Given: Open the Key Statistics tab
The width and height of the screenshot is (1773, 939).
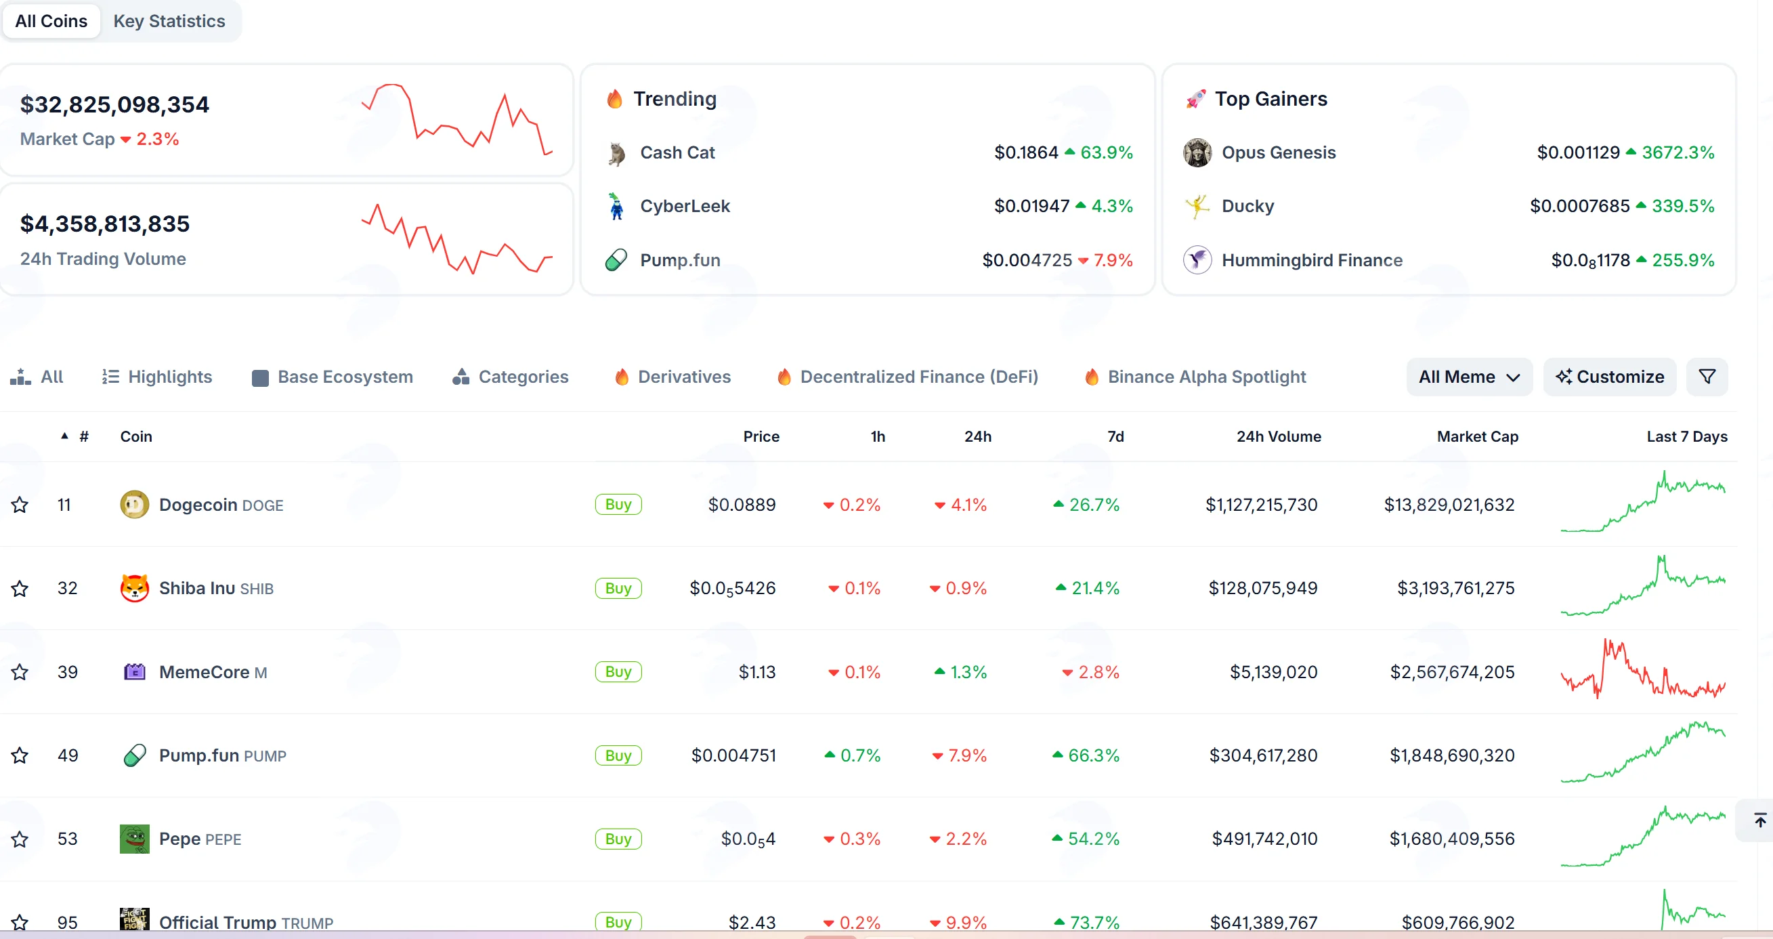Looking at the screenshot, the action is point(169,22).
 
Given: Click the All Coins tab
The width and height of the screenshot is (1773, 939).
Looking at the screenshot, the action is point(51,22).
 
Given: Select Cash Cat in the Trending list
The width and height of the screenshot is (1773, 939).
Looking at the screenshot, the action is point(677,152).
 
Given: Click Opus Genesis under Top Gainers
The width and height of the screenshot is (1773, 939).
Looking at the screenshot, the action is point(1278,152).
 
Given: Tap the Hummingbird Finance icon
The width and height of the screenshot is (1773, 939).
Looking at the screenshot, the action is point(1197,259).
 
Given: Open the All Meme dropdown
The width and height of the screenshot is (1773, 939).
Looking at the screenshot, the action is point(1469,377).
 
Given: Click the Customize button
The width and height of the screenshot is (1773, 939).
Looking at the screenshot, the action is point(1609,377).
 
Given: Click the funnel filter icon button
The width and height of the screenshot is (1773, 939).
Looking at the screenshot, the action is point(1706,377).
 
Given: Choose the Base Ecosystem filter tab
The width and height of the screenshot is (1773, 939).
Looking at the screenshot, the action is point(333,377).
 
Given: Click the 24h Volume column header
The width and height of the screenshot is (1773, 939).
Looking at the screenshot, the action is point(1278,436).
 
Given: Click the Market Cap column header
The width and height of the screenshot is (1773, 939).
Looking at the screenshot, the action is point(1477,436).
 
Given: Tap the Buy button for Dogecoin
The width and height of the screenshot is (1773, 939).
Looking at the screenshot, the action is point(618,505).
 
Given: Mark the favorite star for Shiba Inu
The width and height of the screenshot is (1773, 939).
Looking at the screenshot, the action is point(20,589).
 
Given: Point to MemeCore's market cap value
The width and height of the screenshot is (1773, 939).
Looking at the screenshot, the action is point(1452,672).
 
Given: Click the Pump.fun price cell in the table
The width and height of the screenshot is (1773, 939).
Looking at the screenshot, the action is point(733,755).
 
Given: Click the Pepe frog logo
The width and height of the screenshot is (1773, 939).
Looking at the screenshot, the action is point(134,839).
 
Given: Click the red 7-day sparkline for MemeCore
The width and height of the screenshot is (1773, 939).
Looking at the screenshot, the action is point(1643,670).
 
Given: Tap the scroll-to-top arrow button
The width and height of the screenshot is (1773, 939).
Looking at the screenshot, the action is point(1759,820).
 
